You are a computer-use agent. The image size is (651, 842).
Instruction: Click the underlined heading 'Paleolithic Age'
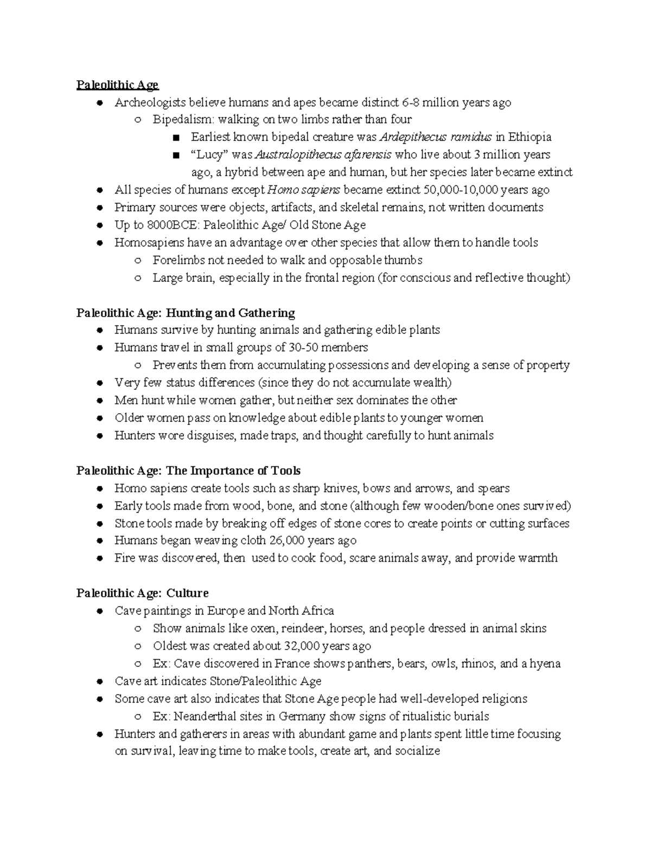pos(117,85)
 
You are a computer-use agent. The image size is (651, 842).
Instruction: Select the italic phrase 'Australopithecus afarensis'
pos(323,155)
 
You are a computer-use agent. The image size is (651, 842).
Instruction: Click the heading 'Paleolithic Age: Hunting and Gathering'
pos(186,313)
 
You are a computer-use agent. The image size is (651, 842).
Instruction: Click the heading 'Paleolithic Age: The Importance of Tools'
pos(188,471)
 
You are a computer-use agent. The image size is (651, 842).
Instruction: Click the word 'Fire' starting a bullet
pos(124,558)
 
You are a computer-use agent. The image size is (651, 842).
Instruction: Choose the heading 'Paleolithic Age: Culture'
pos(142,593)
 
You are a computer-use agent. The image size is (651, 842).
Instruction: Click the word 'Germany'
pos(302,716)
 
